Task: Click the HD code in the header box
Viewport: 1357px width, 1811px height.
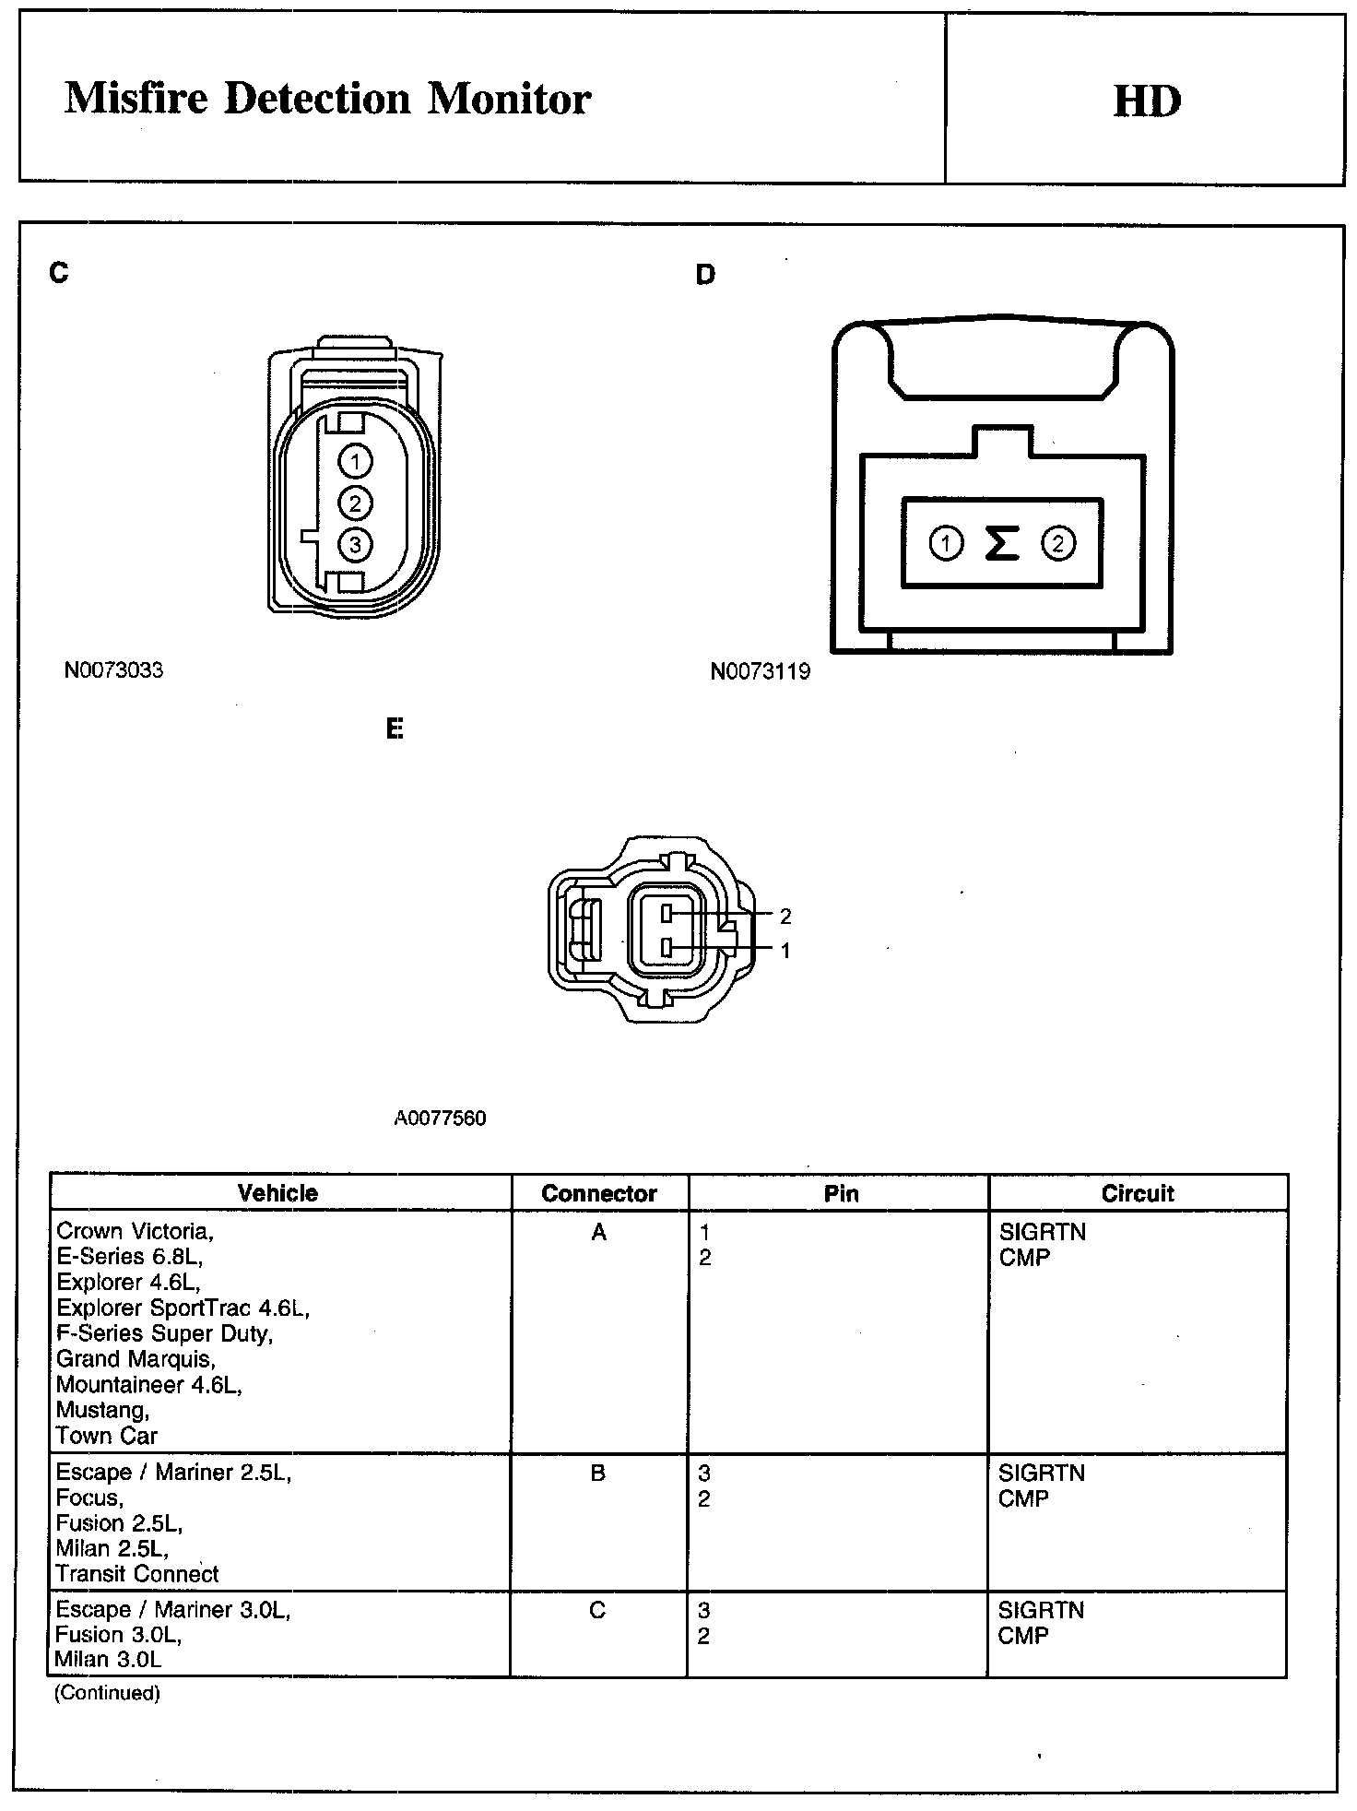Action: coord(1147,101)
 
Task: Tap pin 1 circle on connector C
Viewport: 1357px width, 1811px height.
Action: coord(356,461)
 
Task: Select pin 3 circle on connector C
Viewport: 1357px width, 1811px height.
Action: coord(356,545)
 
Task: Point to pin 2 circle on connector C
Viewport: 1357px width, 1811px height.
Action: coord(356,503)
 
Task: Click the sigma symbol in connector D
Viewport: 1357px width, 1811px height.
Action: coord(1002,543)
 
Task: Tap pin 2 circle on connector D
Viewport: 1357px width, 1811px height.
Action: coord(1057,543)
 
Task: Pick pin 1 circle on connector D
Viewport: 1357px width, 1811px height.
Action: coord(945,543)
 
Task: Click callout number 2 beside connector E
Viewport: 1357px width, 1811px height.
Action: coord(785,917)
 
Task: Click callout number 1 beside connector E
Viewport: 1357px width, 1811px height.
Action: coord(785,951)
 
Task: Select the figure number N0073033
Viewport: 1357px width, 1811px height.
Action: coord(113,670)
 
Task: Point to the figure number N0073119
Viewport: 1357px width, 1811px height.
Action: coord(761,672)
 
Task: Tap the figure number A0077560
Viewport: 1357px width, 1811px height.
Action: coord(440,1119)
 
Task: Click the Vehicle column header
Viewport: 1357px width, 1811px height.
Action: coord(277,1193)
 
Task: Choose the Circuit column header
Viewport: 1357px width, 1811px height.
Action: coord(1138,1193)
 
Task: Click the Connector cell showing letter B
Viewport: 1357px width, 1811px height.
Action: coord(598,1473)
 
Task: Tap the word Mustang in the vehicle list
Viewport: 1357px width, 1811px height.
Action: coord(102,1410)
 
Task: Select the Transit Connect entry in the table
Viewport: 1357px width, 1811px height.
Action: coord(137,1574)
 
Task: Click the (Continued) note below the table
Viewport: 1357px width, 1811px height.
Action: coord(107,1693)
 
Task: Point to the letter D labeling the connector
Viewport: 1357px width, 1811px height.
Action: coord(705,275)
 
